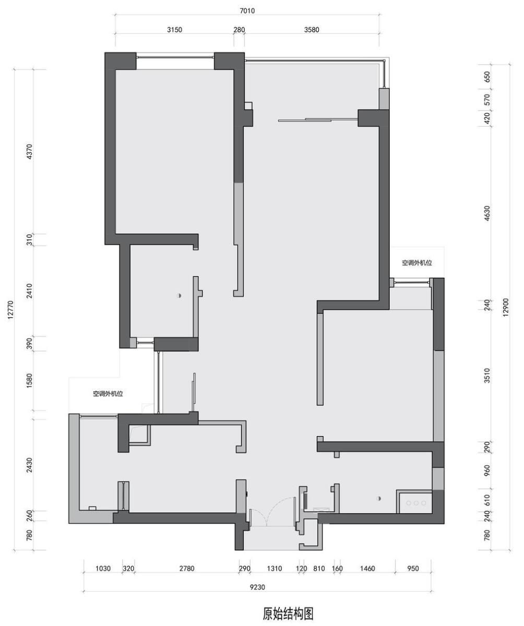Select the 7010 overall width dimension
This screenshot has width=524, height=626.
pyautogui.click(x=247, y=11)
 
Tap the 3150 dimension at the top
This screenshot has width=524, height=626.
pyautogui.click(x=174, y=30)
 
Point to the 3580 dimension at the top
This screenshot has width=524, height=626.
pyautogui.click(x=312, y=30)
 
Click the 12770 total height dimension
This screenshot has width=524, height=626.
pyautogui.click(x=10, y=310)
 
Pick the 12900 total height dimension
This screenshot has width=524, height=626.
pyautogui.click(x=506, y=307)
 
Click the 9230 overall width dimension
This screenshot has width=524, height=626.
pyautogui.click(x=257, y=587)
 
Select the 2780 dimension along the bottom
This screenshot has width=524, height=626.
pyautogui.click(x=187, y=569)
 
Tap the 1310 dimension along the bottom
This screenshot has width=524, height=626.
pyautogui.click(x=274, y=569)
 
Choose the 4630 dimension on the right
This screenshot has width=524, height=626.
pyautogui.click(x=487, y=213)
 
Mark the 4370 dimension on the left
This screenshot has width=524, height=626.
pyautogui.click(x=29, y=152)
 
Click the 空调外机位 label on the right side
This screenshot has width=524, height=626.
pyautogui.click(x=417, y=263)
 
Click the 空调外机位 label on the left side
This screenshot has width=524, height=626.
pyautogui.click(x=108, y=394)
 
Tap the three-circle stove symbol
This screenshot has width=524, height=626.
pyautogui.click(x=416, y=503)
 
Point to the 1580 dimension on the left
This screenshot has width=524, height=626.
pyautogui.click(x=29, y=380)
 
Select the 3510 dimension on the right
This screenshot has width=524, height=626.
pyautogui.click(x=487, y=376)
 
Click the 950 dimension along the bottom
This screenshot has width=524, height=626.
pyautogui.click(x=413, y=569)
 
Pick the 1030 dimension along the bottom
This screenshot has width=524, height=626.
pyautogui.click(x=103, y=569)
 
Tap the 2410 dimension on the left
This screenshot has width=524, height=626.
pyautogui.click(x=29, y=291)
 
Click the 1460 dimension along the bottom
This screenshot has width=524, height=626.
pyautogui.click(x=367, y=569)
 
